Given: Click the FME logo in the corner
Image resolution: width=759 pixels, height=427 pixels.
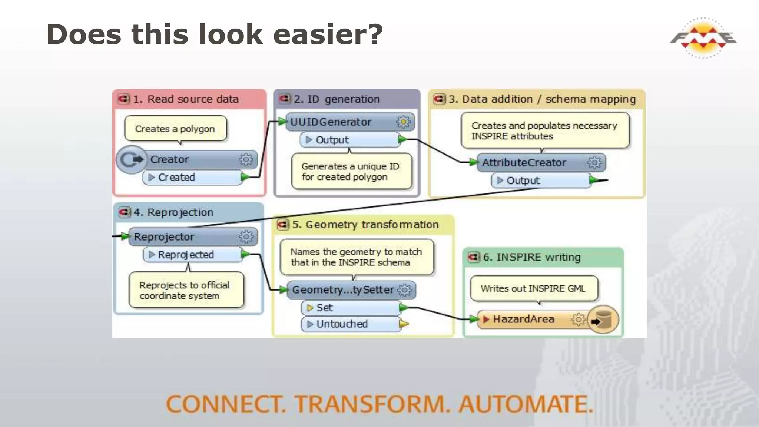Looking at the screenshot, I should tap(703, 38).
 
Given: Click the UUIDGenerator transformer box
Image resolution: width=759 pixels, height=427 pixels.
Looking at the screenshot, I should tap(341, 122).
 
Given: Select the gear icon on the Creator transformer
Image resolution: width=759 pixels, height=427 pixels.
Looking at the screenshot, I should tap(246, 160).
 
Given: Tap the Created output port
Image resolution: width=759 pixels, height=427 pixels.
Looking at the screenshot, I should tap(193, 178).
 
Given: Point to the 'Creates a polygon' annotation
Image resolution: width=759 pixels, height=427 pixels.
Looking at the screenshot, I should tap(175, 129).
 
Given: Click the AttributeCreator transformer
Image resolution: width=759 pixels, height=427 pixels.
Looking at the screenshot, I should tap(534, 163).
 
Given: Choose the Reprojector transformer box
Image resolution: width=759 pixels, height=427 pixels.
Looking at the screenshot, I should tap(185, 237).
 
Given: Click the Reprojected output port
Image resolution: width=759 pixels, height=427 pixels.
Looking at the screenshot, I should tap(193, 255).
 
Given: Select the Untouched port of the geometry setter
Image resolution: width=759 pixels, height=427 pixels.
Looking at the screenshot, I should tap(350, 324).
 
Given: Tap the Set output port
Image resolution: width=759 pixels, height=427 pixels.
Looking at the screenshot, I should tap(350, 308).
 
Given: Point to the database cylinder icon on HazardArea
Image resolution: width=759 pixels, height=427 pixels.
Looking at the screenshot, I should tap(603, 320).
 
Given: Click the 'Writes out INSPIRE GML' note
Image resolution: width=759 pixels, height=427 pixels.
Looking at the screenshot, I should tap(534, 288).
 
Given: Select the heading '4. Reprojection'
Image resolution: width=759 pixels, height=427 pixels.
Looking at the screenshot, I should tap(173, 212).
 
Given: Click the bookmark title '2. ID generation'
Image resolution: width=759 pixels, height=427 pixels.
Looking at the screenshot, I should tap(337, 99).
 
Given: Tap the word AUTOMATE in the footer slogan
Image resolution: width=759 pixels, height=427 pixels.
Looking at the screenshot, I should tap(526, 404).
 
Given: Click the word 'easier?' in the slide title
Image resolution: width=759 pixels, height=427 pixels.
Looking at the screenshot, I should tap(328, 34).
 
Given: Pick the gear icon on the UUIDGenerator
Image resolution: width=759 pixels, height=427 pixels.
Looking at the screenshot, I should tap(403, 122).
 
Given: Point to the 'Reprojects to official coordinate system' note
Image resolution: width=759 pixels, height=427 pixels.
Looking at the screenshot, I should tap(185, 290).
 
